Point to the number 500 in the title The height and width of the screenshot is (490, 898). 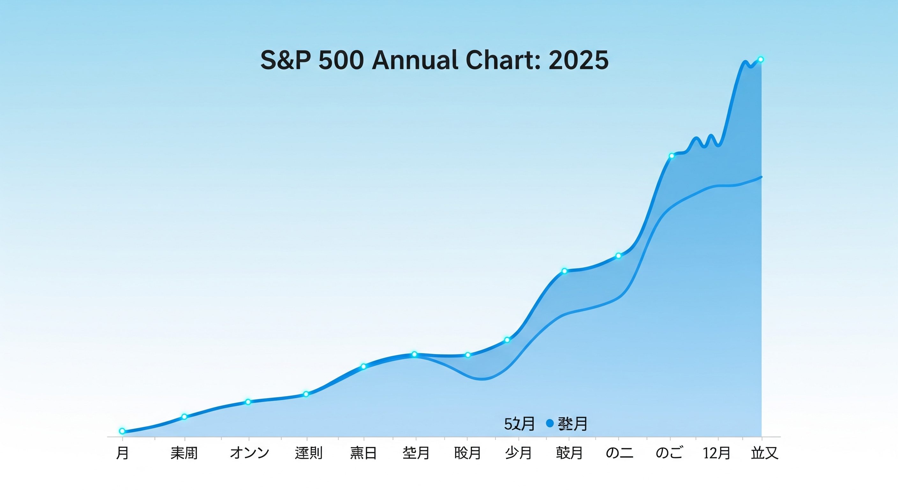pyautogui.click(x=341, y=61)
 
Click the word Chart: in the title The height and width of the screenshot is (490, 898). pyautogui.click(x=503, y=61)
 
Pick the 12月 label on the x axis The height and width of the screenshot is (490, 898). pyautogui.click(x=717, y=453)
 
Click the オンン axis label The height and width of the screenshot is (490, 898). pyautogui.click(x=249, y=453)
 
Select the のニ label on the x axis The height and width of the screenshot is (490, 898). pyautogui.click(x=620, y=453)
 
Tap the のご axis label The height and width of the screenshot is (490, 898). pyautogui.click(x=669, y=453)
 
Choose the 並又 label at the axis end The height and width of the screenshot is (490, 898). pyautogui.click(x=764, y=453)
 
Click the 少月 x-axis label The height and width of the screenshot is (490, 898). pyautogui.click(x=519, y=453)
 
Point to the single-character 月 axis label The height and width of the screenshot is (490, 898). pyautogui.click(x=122, y=453)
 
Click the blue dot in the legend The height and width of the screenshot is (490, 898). pyautogui.click(x=550, y=423)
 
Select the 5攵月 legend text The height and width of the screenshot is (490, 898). pyautogui.click(x=519, y=424)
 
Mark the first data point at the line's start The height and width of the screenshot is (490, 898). pyautogui.click(x=122, y=431)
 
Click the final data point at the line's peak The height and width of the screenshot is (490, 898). pyautogui.click(x=761, y=60)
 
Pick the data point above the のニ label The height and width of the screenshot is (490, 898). pyautogui.click(x=618, y=256)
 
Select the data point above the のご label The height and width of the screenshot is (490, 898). pyautogui.click(x=671, y=156)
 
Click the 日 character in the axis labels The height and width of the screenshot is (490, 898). pyautogui.click(x=370, y=453)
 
